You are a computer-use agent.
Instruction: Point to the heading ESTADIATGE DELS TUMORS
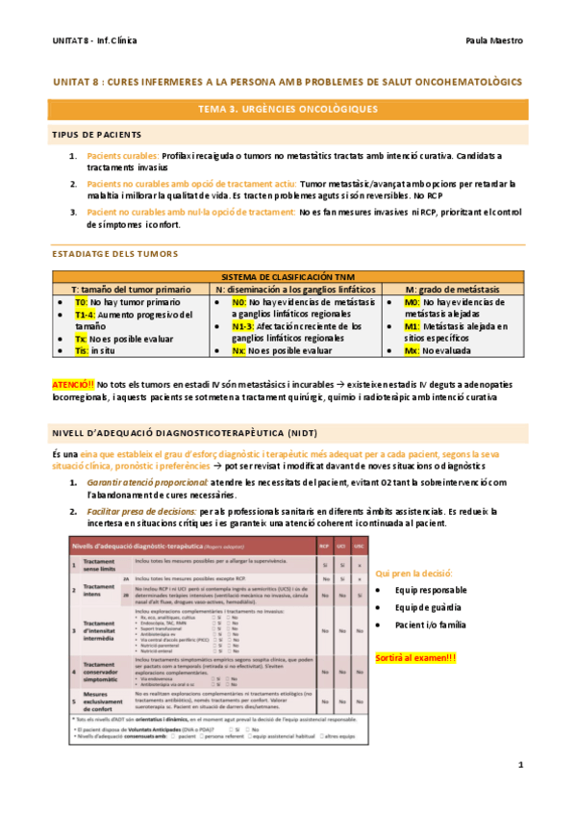(x=114, y=254)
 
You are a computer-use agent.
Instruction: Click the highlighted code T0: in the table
(x=82, y=302)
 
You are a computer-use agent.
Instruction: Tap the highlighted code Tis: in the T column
(x=82, y=351)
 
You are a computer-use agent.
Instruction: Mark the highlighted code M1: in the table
(x=412, y=326)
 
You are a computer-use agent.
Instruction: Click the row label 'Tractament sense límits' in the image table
(x=99, y=564)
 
